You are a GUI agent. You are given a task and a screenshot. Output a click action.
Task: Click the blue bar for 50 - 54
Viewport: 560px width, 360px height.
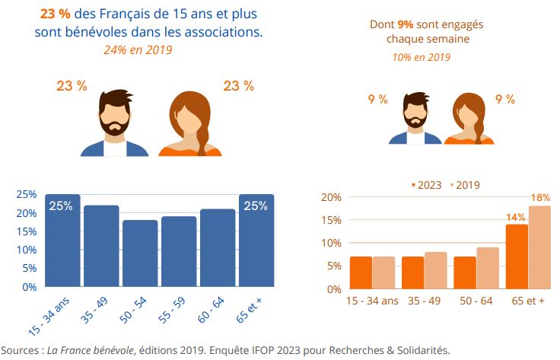click(x=140, y=253)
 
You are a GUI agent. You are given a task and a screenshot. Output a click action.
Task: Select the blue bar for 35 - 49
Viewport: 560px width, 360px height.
click(x=101, y=246)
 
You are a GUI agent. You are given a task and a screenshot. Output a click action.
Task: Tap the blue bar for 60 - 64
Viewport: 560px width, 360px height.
click(x=218, y=248)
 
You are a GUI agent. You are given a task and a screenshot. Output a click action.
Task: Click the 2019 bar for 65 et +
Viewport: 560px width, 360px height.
click(x=539, y=247)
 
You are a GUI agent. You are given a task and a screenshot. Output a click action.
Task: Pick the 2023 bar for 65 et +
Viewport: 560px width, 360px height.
click(x=517, y=256)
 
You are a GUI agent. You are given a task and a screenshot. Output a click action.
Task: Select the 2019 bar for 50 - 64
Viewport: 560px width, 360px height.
click(x=488, y=268)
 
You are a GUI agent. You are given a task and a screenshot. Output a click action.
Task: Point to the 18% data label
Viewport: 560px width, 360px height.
click(x=539, y=198)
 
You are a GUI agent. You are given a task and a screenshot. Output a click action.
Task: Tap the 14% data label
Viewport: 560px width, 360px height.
click(x=516, y=217)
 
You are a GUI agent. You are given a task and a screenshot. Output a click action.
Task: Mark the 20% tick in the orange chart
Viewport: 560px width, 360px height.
click(x=329, y=197)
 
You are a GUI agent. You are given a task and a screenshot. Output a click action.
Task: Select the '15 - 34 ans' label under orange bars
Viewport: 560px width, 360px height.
click(x=372, y=301)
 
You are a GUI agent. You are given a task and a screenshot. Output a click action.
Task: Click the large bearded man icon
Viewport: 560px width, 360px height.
click(x=114, y=123)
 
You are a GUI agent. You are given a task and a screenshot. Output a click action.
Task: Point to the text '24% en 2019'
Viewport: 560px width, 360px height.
click(x=138, y=50)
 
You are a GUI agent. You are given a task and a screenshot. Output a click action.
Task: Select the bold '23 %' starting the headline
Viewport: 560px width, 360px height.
click(x=56, y=14)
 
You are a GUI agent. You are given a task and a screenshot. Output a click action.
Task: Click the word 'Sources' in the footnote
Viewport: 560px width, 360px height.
click(x=23, y=350)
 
